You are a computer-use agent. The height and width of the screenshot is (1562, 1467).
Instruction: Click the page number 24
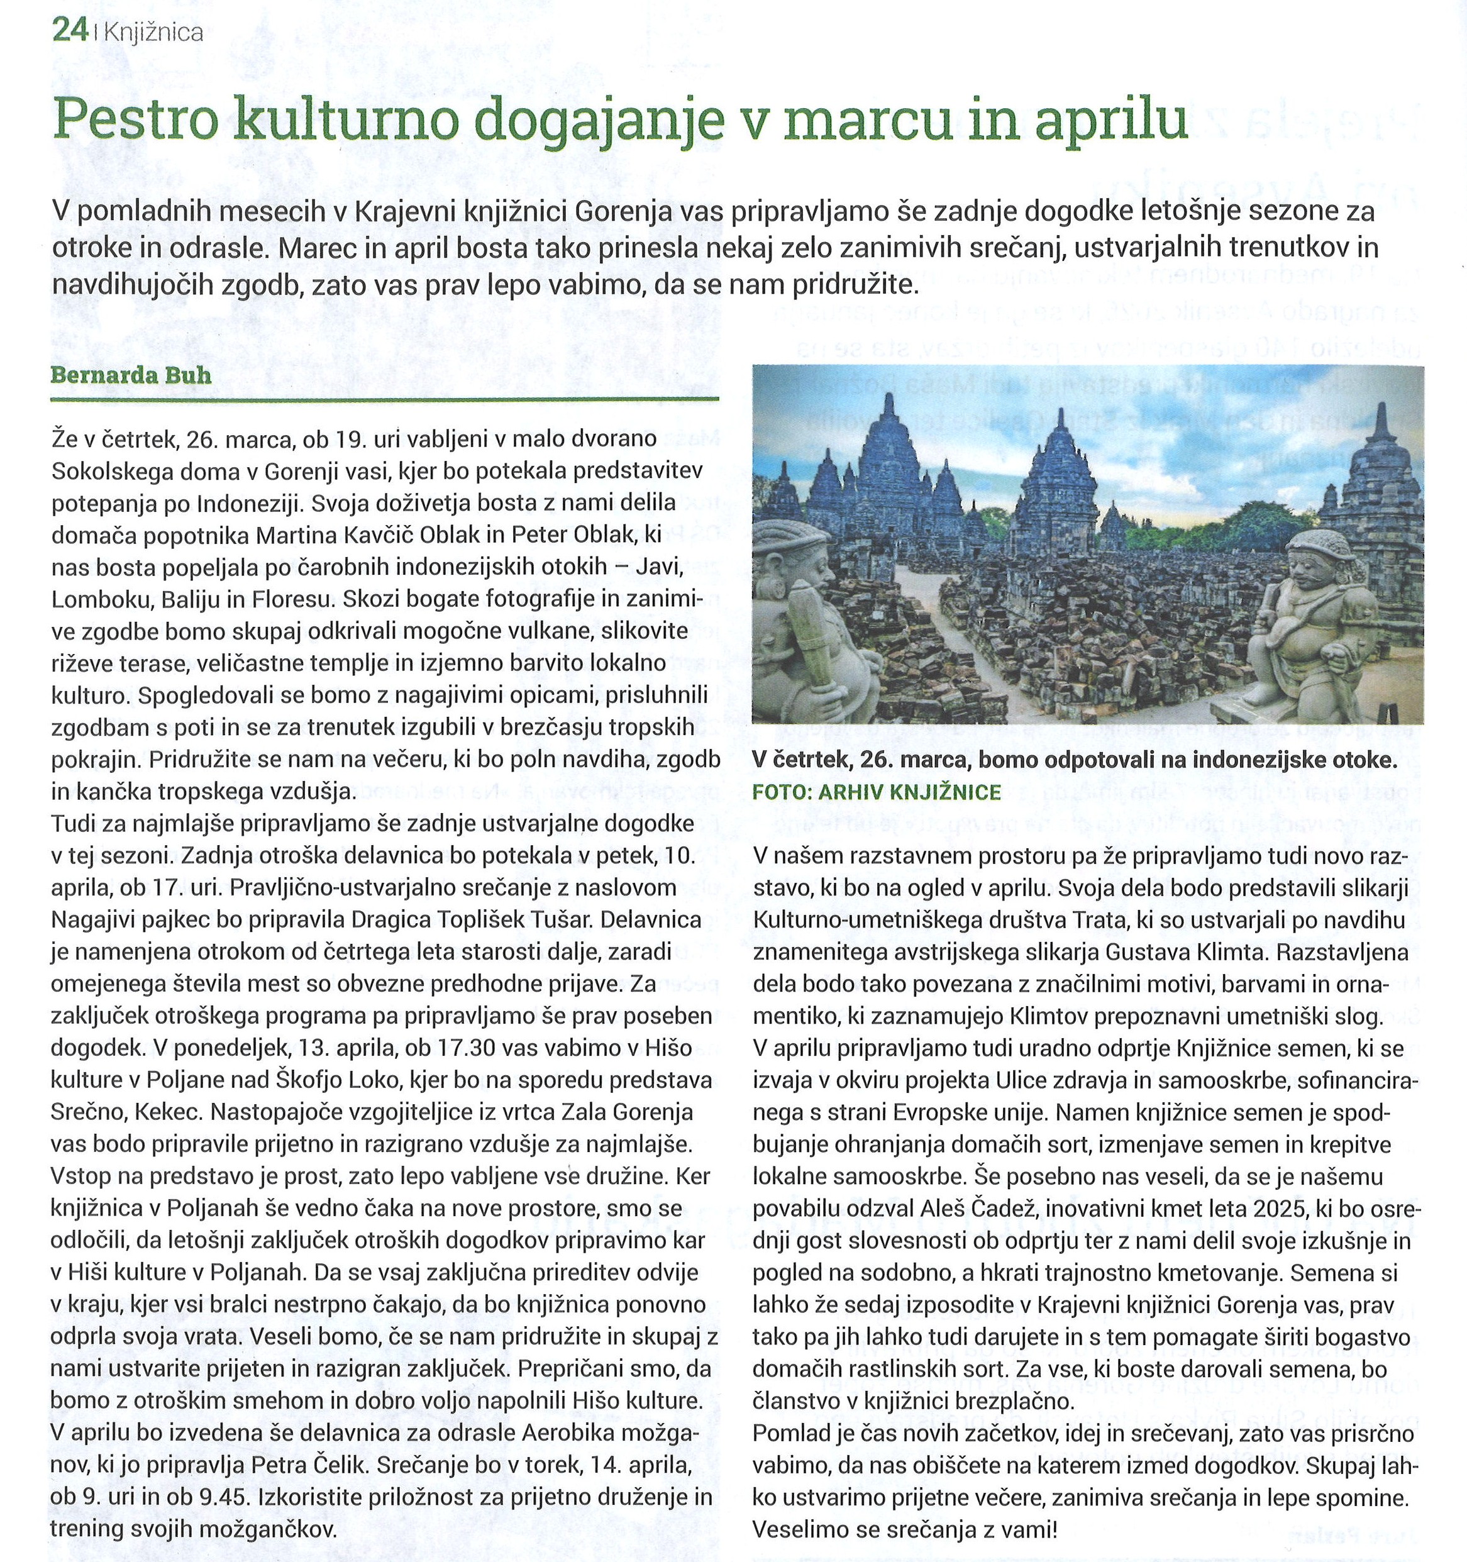pos(70,31)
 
